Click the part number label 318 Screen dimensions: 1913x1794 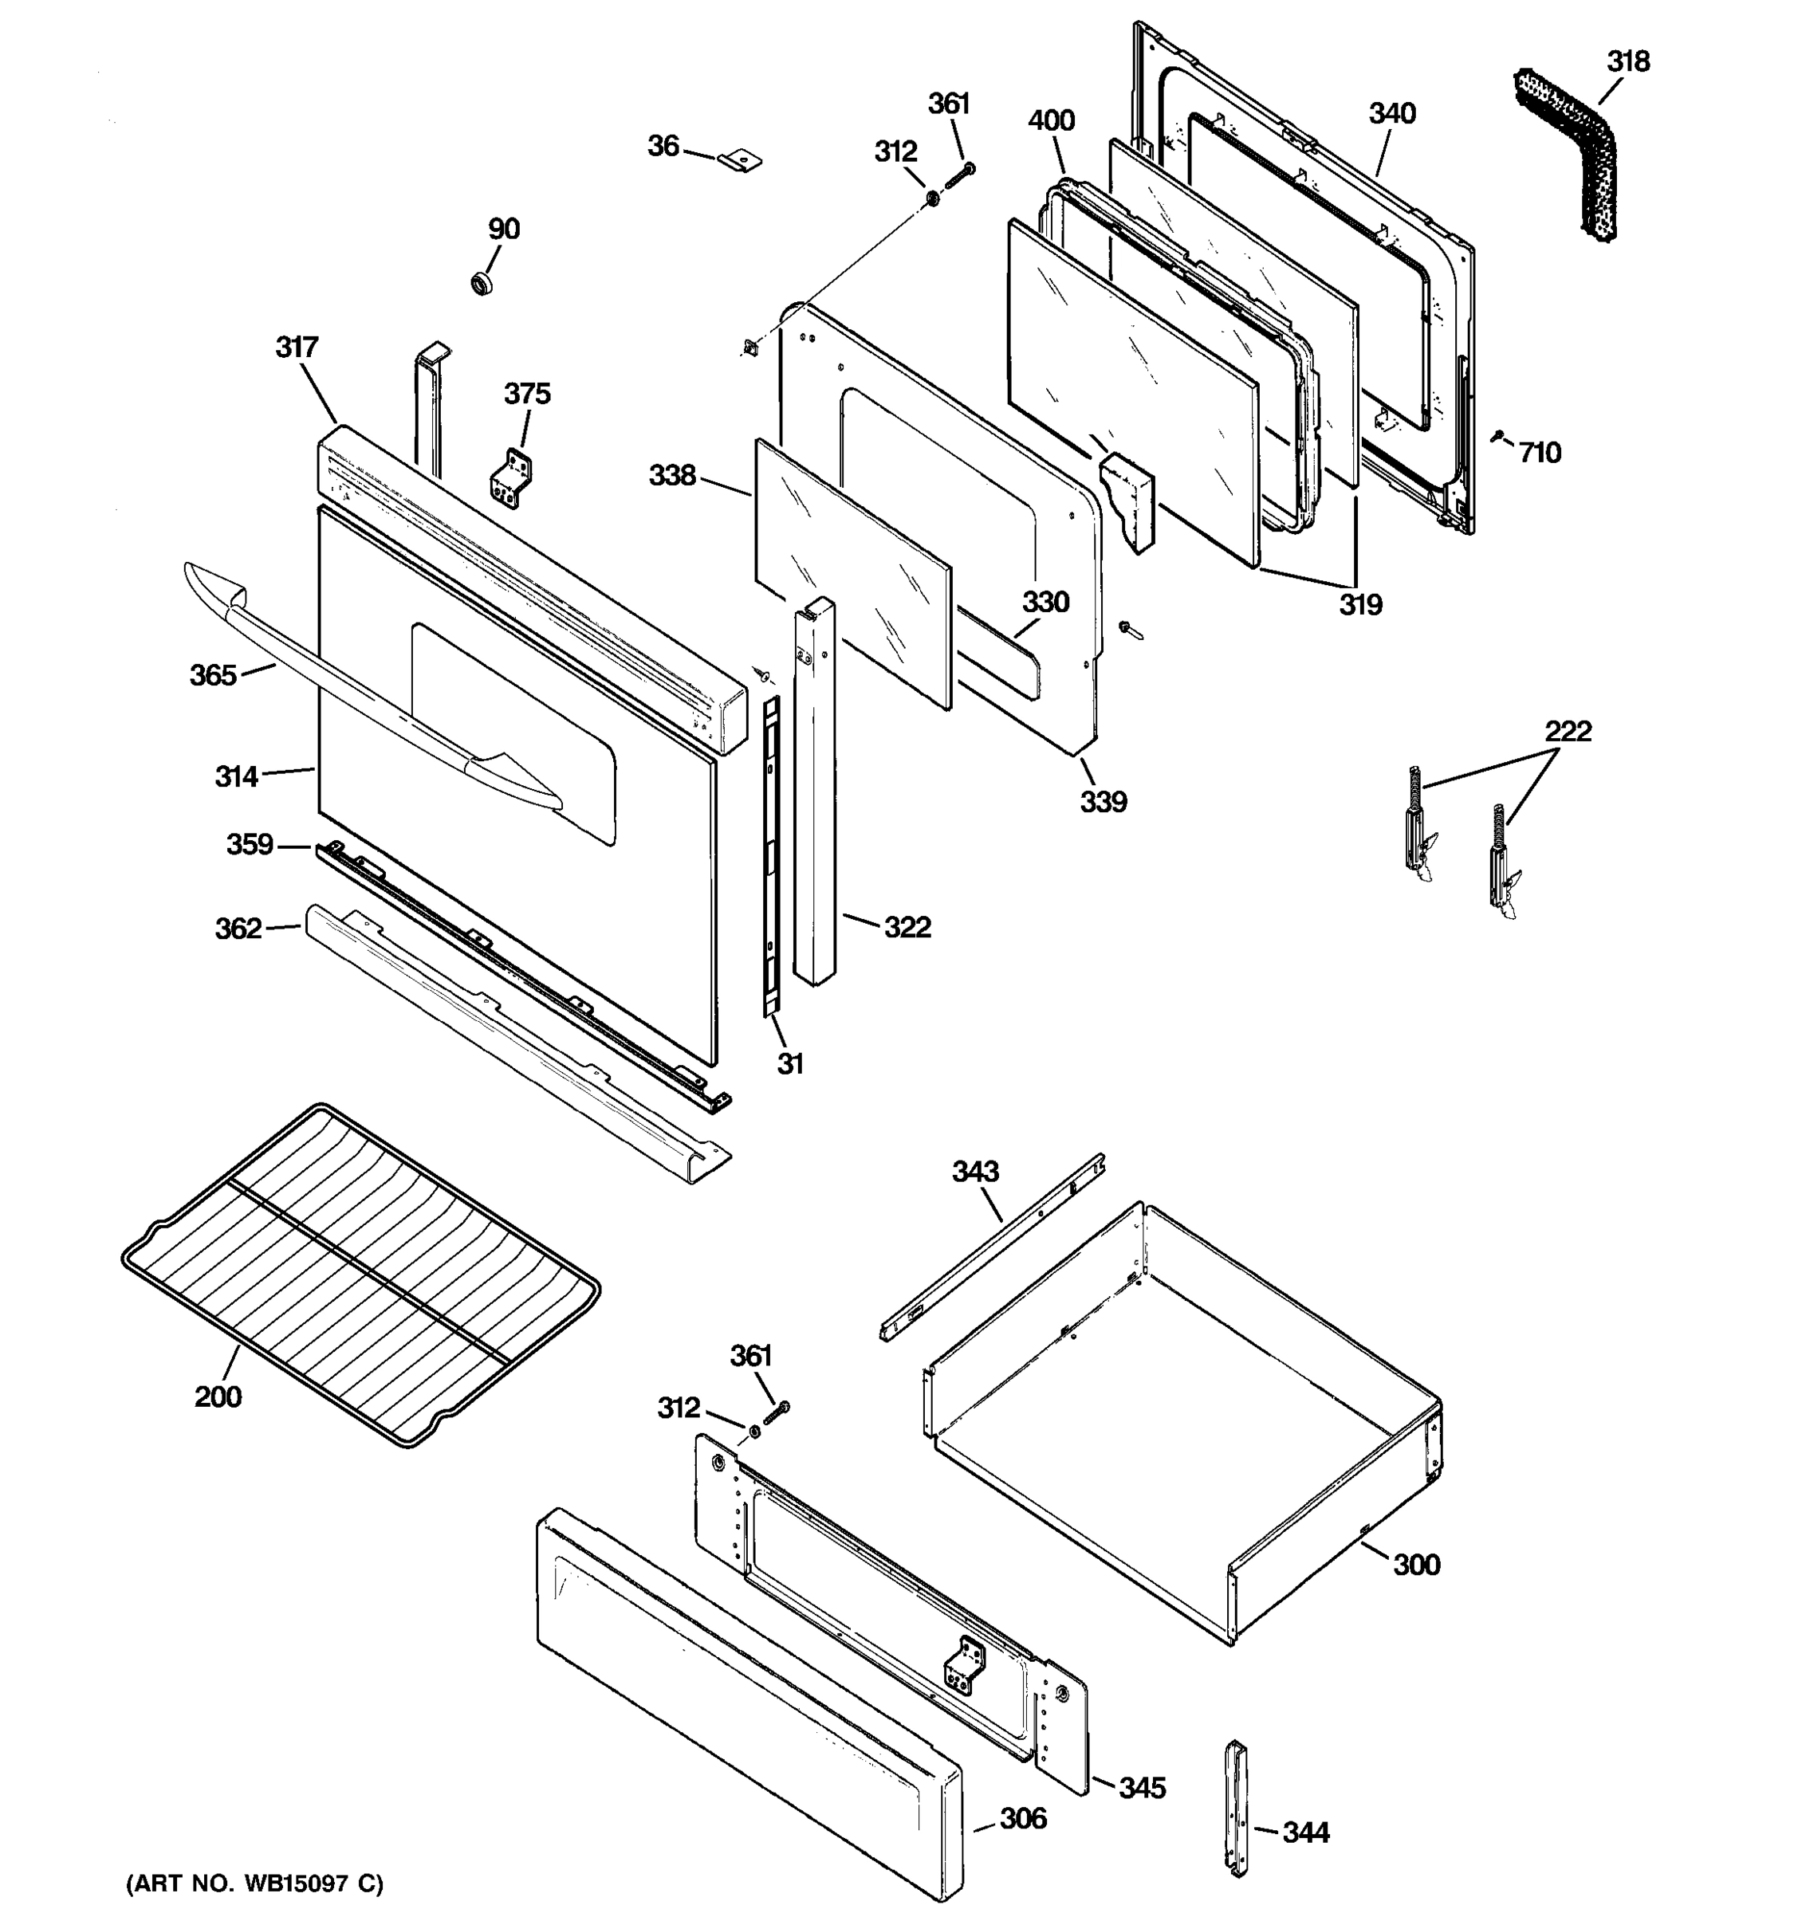1627,61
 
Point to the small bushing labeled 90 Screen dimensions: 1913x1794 482,283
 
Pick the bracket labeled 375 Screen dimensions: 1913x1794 511,478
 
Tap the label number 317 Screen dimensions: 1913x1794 297,347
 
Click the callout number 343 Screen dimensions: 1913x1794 975,1171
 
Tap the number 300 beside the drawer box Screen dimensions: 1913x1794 1417,1565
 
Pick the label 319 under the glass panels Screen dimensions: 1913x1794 1360,605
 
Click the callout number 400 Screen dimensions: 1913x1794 1051,121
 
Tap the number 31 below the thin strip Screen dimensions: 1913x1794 789,1063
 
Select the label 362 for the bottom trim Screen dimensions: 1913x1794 238,928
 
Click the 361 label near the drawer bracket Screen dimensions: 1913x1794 751,1356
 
